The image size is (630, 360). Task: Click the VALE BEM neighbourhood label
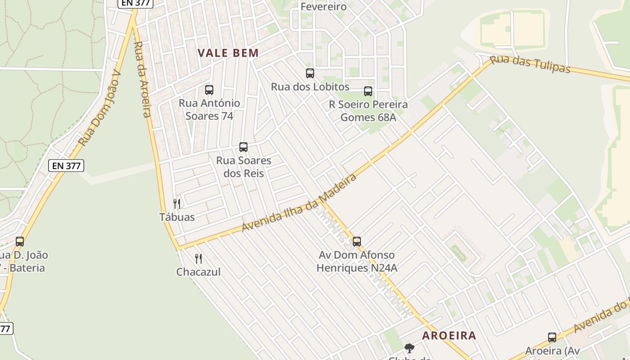[x=228, y=53]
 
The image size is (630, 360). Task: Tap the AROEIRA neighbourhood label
[x=449, y=335]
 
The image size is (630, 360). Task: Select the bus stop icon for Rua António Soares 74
[x=209, y=90]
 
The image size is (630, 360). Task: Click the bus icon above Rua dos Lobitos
[x=310, y=73]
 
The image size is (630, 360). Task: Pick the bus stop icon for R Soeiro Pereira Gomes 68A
[x=368, y=91]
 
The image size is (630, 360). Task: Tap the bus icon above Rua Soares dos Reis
[x=243, y=147]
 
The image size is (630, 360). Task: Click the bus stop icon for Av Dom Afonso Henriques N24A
[x=357, y=242]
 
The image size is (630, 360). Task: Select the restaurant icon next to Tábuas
[x=177, y=204]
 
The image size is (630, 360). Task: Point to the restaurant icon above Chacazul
[x=198, y=259]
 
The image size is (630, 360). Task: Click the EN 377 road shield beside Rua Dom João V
[x=66, y=166]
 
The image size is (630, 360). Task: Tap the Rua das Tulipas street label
[x=530, y=64]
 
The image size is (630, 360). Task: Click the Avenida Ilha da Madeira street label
[x=299, y=202]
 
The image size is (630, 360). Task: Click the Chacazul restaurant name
[x=198, y=272]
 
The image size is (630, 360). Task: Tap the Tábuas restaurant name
[x=177, y=217]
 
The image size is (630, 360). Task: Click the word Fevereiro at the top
[x=323, y=7]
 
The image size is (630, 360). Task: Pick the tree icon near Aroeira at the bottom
[x=409, y=348]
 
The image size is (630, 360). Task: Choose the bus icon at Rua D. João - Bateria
[x=20, y=242]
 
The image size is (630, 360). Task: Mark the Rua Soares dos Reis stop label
[x=243, y=167]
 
